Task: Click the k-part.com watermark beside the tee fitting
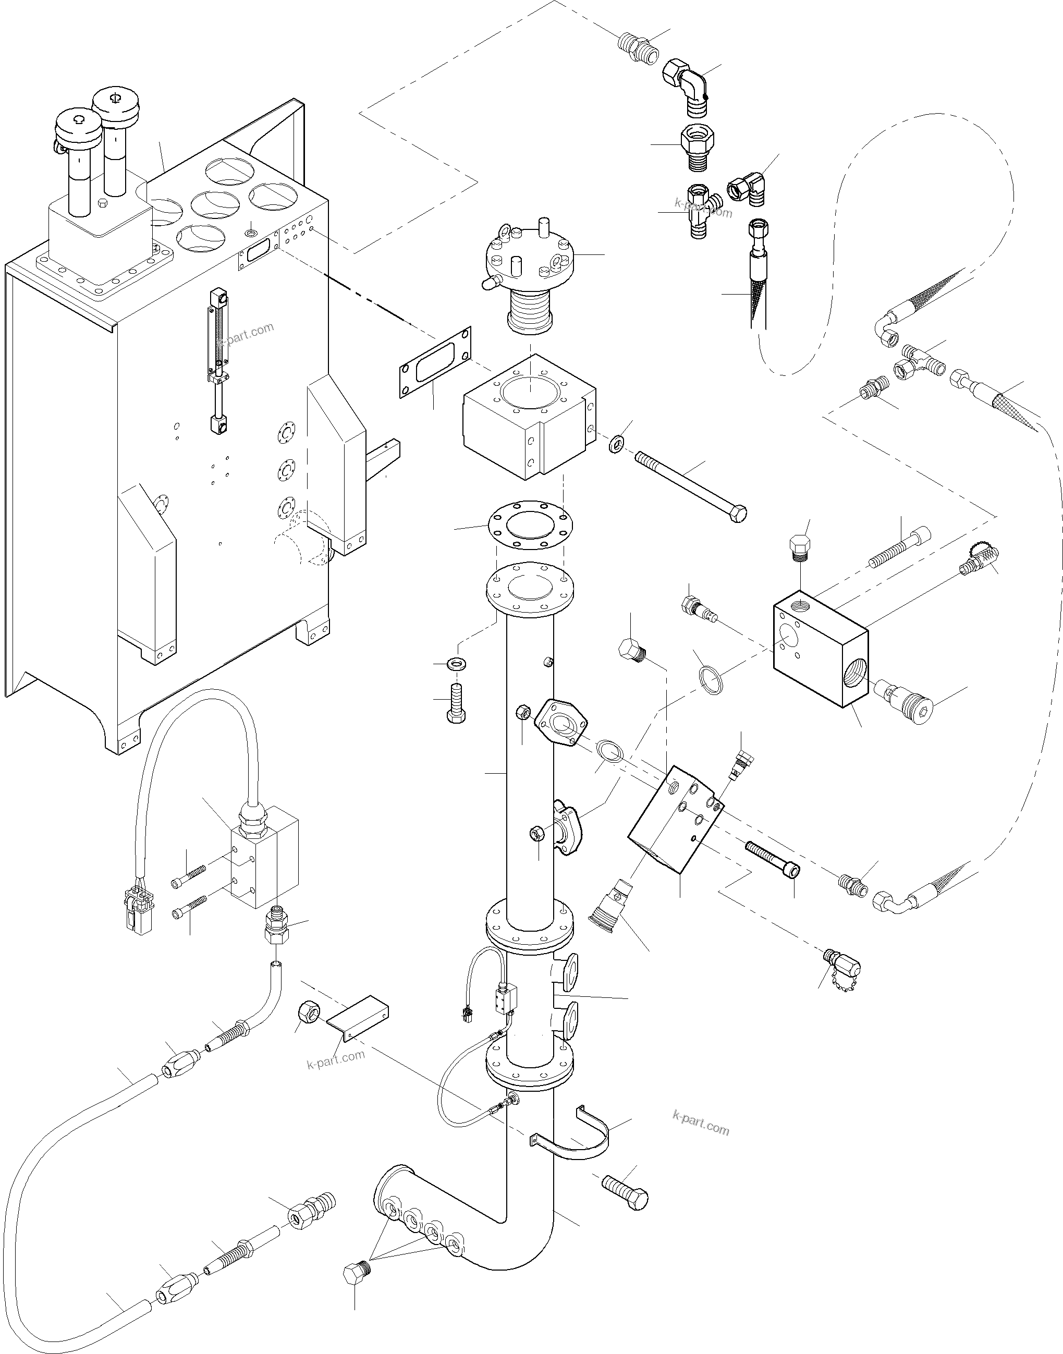coord(703,208)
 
